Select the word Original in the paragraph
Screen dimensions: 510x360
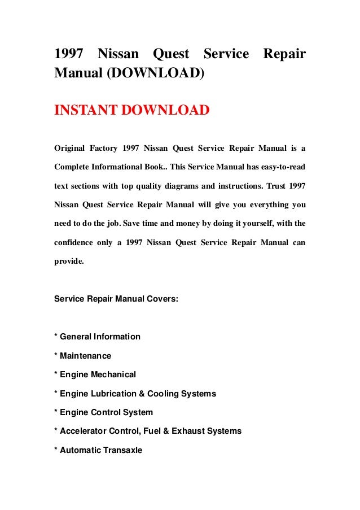(x=70, y=149)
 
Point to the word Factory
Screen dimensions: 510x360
(x=103, y=149)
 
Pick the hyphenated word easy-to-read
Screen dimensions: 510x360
(x=280, y=168)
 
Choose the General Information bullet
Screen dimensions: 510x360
(x=97, y=337)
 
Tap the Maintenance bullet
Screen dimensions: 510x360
(x=82, y=356)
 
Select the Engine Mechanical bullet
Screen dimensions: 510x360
(x=95, y=374)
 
